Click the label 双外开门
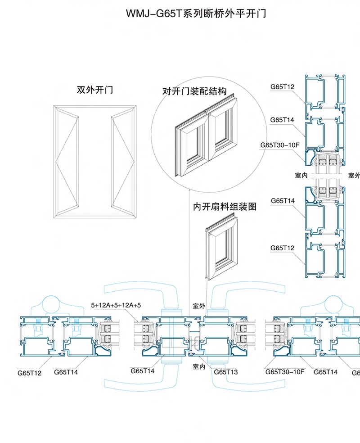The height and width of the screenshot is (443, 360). coord(95,90)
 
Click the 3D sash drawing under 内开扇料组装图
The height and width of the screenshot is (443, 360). coord(220,247)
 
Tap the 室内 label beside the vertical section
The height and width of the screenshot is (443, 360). coord(301,176)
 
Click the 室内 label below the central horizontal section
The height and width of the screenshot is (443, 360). coord(199,367)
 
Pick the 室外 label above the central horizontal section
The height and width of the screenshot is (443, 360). coord(199,306)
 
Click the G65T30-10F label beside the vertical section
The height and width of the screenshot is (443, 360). coord(280,145)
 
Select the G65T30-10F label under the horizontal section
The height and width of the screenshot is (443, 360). coord(285,372)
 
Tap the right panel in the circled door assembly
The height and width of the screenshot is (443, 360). coord(221,131)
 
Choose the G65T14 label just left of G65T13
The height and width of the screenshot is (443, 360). coord(143,371)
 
